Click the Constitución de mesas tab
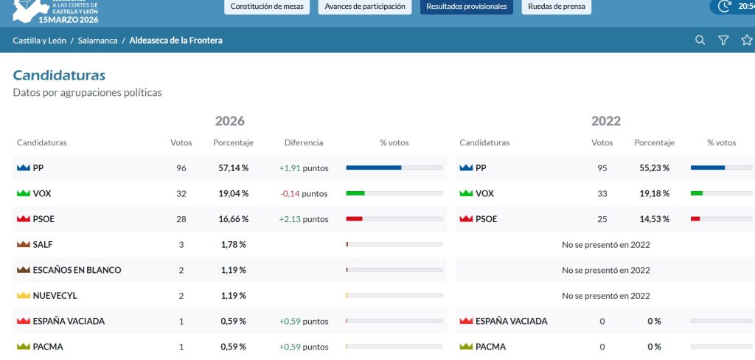click(267, 7)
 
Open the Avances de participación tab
click(365, 7)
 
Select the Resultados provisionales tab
click(467, 7)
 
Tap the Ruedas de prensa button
click(557, 7)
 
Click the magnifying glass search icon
click(700, 41)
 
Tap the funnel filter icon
click(723, 41)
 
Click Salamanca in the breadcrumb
click(98, 41)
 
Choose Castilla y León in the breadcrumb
click(40, 41)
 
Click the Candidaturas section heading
click(59, 75)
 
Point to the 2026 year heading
click(230, 121)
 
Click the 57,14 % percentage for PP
click(234, 168)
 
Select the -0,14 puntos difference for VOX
click(304, 194)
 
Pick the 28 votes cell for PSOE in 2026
click(181, 219)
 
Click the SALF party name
click(43, 245)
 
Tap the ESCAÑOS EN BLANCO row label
click(77, 270)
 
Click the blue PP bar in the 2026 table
click(374, 167)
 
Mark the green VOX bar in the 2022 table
click(697, 193)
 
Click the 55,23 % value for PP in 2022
click(655, 168)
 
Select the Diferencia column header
click(304, 142)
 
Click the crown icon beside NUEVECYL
click(24, 295)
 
